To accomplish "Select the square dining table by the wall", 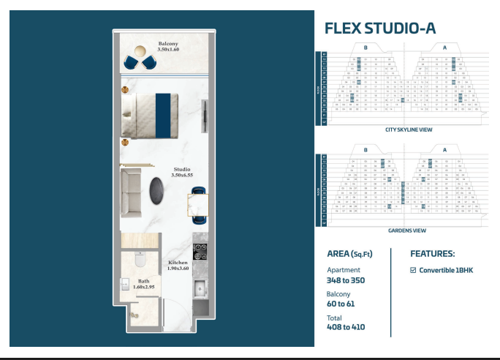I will coord(198,206).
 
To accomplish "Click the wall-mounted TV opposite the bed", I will coord(205,116).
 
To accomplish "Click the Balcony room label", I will coord(167,44).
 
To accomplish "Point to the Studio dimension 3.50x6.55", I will coord(181,176).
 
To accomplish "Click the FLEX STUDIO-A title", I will coord(379,29).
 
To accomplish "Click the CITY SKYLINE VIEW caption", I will coord(409,130).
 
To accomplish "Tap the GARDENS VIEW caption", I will coord(408,230).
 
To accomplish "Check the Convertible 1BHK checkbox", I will coord(413,270).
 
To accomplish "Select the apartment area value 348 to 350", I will coord(345,280).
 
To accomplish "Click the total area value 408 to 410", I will coord(345,327).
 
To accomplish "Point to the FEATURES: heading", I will coord(433,254).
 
